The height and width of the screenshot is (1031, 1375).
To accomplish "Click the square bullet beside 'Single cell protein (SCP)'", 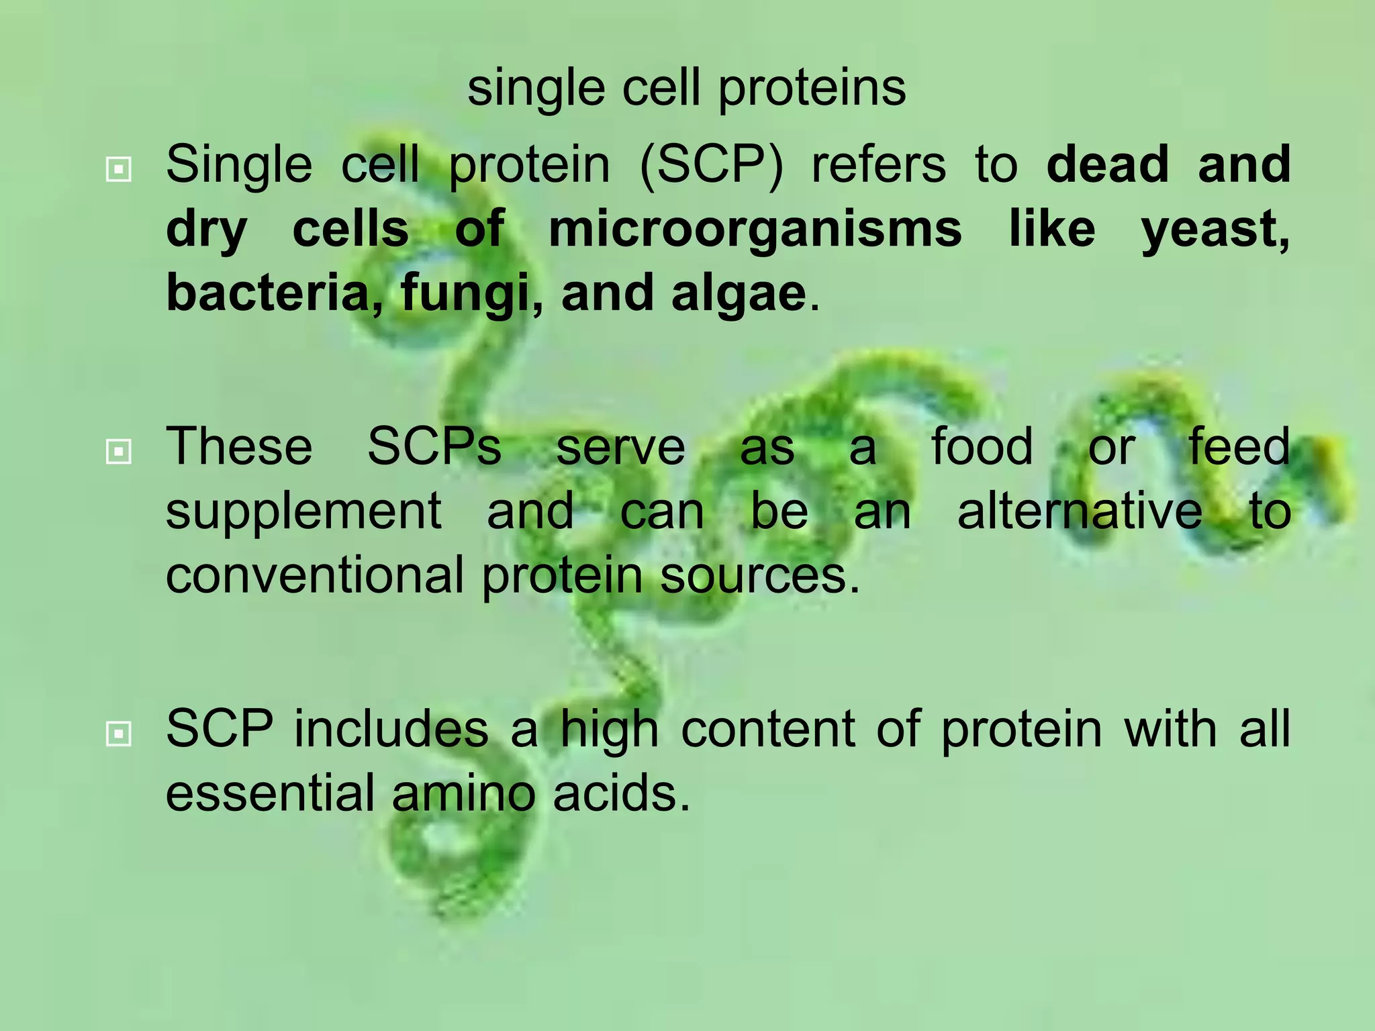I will pos(119,169).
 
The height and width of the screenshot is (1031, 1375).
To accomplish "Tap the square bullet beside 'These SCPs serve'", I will pos(119,452).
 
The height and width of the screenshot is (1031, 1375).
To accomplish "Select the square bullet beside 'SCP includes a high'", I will pos(119,734).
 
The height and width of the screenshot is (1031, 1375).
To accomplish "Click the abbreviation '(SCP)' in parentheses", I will pos(711,165).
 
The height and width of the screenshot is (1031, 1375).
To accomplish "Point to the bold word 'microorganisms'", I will pos(755,230).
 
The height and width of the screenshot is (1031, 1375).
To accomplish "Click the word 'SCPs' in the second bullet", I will pos(434,446).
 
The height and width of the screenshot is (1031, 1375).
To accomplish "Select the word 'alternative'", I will pos(1080,511).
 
